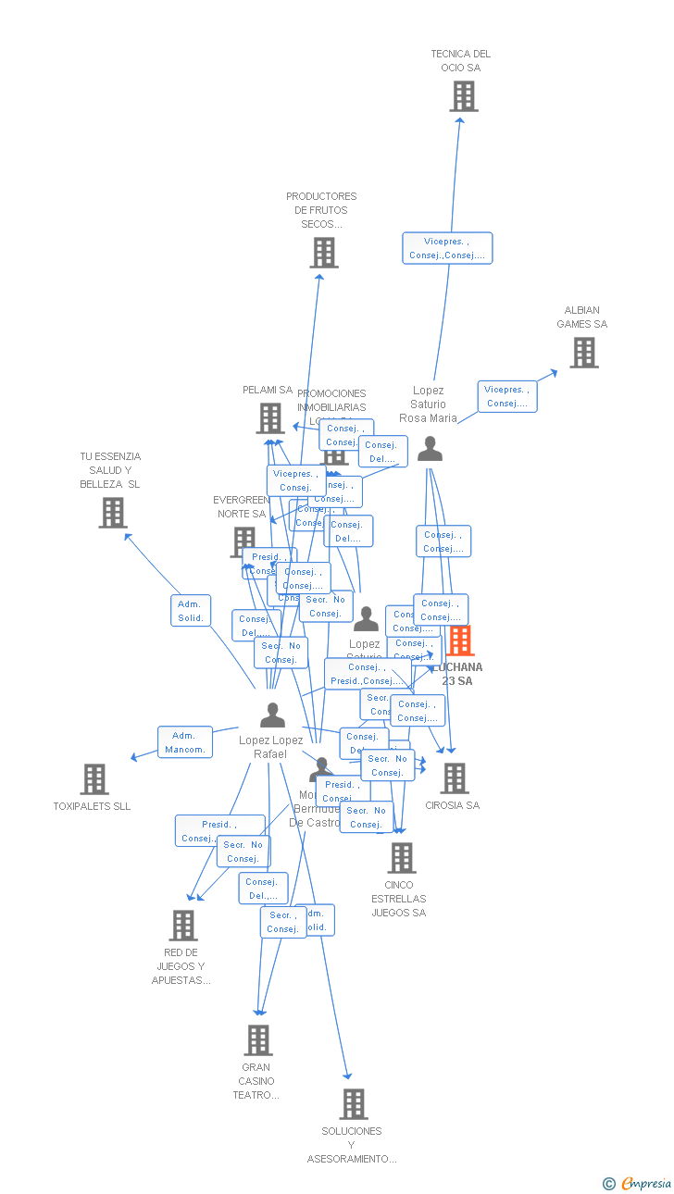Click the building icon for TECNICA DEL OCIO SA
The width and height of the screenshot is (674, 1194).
[x=464, y=96]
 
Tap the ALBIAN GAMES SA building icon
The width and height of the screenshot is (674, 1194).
[x=583, y=353]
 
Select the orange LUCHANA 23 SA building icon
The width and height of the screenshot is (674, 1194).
[x=460, y=641]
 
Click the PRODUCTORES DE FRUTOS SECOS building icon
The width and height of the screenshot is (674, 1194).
[x=323, y=253]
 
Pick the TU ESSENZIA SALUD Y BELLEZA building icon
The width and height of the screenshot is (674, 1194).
[x=113, y=513]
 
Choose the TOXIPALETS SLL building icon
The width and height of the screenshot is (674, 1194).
[x=94, y=779]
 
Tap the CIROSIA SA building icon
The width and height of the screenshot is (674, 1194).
[x=454, y=778]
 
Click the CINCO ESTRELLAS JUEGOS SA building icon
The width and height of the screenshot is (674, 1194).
[x=401, y=858]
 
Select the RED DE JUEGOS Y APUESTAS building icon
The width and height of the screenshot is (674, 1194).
[x=182, y=926]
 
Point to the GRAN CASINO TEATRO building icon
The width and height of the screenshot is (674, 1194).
[x=258, y=1040]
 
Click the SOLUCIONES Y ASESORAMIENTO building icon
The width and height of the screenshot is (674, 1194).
[x=353, y=1104]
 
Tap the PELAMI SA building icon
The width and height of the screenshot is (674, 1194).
[x=270, y=418]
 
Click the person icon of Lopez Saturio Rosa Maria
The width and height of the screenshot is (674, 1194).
[x=430, y=449]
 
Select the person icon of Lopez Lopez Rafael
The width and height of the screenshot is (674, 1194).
[x=272, y=715]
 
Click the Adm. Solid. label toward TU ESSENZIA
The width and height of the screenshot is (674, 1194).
[x=191, y=611]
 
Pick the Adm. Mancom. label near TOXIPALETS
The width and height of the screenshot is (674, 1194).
[x=185, y=742]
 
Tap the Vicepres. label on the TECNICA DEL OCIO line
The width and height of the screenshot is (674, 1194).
[x=447, y=248]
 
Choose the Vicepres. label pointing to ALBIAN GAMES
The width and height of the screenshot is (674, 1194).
[x=507, y=396]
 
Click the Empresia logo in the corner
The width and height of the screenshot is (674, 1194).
[x=638, y=1183]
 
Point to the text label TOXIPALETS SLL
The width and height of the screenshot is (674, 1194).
[x=92, y=806]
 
